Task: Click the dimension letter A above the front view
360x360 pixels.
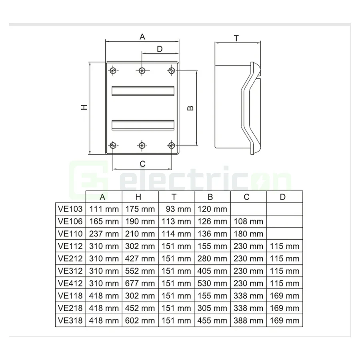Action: pos(142,37)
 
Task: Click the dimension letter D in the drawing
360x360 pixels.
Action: pos(159,49)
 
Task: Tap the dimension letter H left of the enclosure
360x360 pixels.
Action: pos(84,108)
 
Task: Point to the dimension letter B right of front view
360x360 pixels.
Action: pos(191,108)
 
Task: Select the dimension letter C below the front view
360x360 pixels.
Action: pos(142,163)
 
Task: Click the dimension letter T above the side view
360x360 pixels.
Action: pos(236,38)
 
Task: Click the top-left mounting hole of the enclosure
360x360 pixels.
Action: pos(114,71)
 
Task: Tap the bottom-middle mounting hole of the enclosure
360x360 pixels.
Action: pos(142,145)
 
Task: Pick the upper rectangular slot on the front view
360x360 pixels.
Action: pos(142,91)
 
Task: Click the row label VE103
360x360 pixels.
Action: pos(70,209)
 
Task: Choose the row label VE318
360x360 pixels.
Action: pos(70,320)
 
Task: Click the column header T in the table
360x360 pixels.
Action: pos(174,197)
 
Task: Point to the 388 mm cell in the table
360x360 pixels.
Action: pos(248,320)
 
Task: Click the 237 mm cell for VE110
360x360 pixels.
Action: pos(104,234)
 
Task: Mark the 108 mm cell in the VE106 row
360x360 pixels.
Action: pos(248,221)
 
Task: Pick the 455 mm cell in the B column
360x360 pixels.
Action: pos(212,320)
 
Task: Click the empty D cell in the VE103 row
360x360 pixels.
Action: pos(284,209)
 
